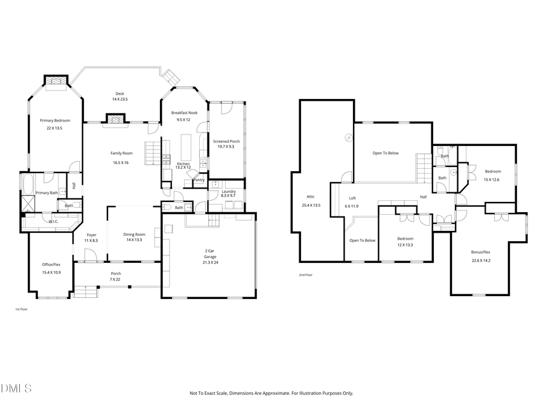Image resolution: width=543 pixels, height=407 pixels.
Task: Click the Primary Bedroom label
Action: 55,120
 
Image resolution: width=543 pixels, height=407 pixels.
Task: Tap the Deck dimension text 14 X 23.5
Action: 119,99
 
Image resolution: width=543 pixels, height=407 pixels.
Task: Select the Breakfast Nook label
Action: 184,112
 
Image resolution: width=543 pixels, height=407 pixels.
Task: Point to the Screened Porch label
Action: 226,141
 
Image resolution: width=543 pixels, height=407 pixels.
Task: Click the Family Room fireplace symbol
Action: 115,119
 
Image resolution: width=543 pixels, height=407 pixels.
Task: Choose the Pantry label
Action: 198,179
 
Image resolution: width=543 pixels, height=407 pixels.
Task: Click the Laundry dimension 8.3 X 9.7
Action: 229,195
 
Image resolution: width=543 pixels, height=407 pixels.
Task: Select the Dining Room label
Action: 134,234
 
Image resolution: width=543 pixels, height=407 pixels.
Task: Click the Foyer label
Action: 91,235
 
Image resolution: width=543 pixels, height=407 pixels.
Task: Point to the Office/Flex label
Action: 51,264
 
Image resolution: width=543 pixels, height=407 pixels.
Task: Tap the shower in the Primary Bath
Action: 27,202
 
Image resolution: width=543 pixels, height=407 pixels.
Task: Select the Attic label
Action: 310,196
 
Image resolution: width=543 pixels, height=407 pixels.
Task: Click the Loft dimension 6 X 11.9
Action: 352,206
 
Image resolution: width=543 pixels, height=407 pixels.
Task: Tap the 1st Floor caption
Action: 22,309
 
